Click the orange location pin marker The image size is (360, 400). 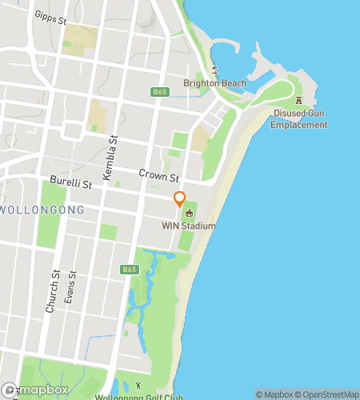click(180, 198)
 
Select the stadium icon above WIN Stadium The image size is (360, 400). click(190, 213)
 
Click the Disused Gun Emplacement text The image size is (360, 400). click(299, 119)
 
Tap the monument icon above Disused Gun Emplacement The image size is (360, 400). click(299, 102)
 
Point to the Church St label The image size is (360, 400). click(54, 290)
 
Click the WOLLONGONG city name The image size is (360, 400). click(42, 210)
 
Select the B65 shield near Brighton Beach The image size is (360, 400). click(160, 93)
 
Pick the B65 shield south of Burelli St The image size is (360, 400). click(130, 270)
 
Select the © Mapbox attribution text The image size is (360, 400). click(274, 394)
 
